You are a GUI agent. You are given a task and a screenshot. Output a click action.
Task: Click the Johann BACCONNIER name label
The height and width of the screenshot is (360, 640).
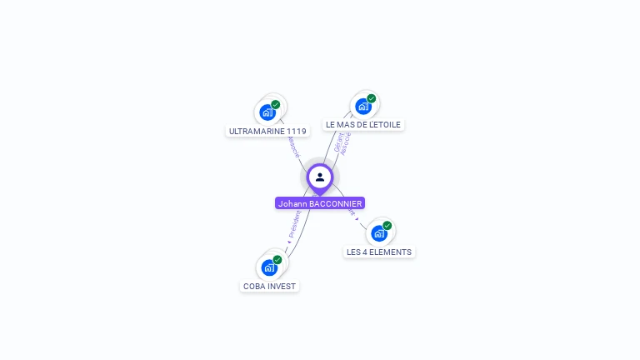coord(320,203)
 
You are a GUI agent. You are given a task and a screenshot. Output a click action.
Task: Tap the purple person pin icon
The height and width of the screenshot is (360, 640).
coord(320,177)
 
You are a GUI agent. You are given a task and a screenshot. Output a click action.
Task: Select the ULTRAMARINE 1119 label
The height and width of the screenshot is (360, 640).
coord(267,131)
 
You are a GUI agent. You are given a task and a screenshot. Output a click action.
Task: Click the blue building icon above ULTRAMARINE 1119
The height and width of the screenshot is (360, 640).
coord(267,112)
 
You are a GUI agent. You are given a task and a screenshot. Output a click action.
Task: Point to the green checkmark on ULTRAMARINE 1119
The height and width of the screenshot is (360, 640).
coord(276,105)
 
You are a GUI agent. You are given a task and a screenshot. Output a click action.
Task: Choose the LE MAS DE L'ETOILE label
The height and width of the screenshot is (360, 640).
coord(363,124)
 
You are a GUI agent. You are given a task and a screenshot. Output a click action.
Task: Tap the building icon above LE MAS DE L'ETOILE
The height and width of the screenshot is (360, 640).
coord(362,106)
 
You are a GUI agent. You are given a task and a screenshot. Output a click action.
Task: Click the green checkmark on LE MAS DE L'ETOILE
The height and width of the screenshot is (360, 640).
coord(372,98)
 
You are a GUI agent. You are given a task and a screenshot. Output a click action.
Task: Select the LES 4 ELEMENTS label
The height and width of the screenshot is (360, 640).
coord(378,252)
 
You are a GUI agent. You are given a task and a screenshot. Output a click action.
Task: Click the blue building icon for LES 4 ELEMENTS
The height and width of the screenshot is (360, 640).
coord(378,233)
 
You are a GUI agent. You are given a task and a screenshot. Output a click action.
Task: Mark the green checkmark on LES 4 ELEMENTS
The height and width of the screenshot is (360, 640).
coord(387,226)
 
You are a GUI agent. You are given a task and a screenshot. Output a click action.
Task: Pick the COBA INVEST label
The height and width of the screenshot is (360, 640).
coord(269,286)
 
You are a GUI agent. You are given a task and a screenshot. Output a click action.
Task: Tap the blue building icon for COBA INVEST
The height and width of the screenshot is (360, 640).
coord(268,267)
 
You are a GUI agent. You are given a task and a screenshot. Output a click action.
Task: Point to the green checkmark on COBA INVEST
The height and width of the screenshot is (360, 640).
coord(277,260)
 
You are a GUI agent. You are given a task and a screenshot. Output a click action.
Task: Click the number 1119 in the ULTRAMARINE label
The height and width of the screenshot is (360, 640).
coord(296,131)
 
